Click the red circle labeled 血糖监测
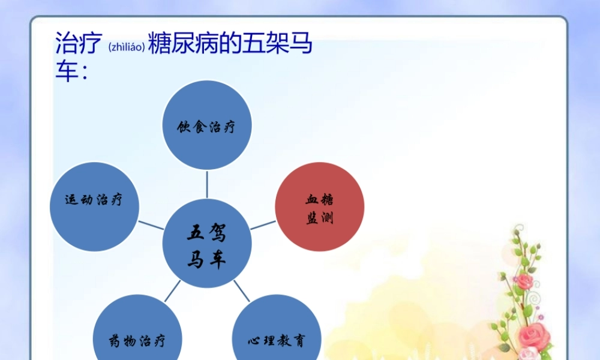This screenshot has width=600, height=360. tap(319, 207)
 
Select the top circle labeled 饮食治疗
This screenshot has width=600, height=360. tap(207, 126)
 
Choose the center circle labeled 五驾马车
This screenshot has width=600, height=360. tap(207, 245)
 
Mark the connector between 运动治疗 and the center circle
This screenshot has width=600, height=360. tap(151, 225)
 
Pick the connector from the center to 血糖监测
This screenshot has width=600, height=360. tap(263, 225)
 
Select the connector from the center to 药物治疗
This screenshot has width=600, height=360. tap(173, 291)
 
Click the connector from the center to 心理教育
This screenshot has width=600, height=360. tap(241, 291)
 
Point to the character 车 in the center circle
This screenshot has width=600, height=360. tap(217, 260)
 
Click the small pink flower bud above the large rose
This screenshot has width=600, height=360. tap(525, 281)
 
